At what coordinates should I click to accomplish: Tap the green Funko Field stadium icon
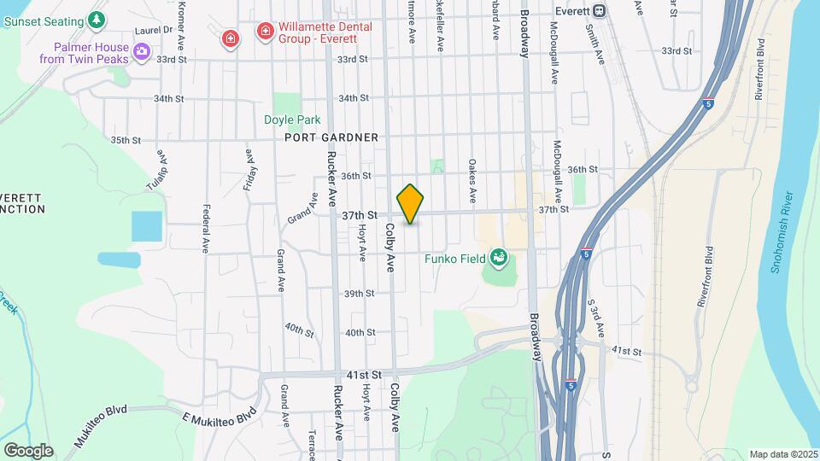point(499,257)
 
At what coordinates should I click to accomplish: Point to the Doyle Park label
point(285,120)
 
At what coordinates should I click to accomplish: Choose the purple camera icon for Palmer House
point(141,53)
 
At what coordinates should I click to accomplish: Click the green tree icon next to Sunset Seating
point(98,20)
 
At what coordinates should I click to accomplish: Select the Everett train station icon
point(600,10)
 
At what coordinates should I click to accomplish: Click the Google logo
point(28,450)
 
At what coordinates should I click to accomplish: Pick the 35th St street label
point(125,140)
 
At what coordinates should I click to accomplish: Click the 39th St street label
point(359,294)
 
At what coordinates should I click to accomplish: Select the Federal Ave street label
point(206,228)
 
